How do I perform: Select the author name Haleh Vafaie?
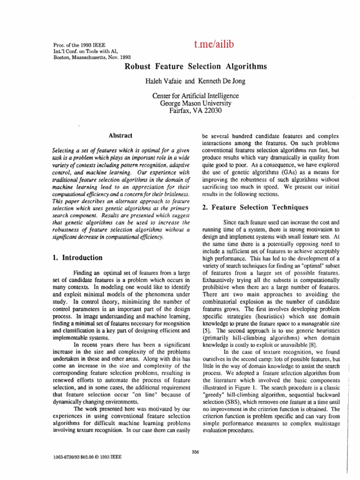tap(168, 81)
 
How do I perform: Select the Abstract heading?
tap(120, 135)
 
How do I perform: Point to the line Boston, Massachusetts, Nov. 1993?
tap(86, 57)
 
